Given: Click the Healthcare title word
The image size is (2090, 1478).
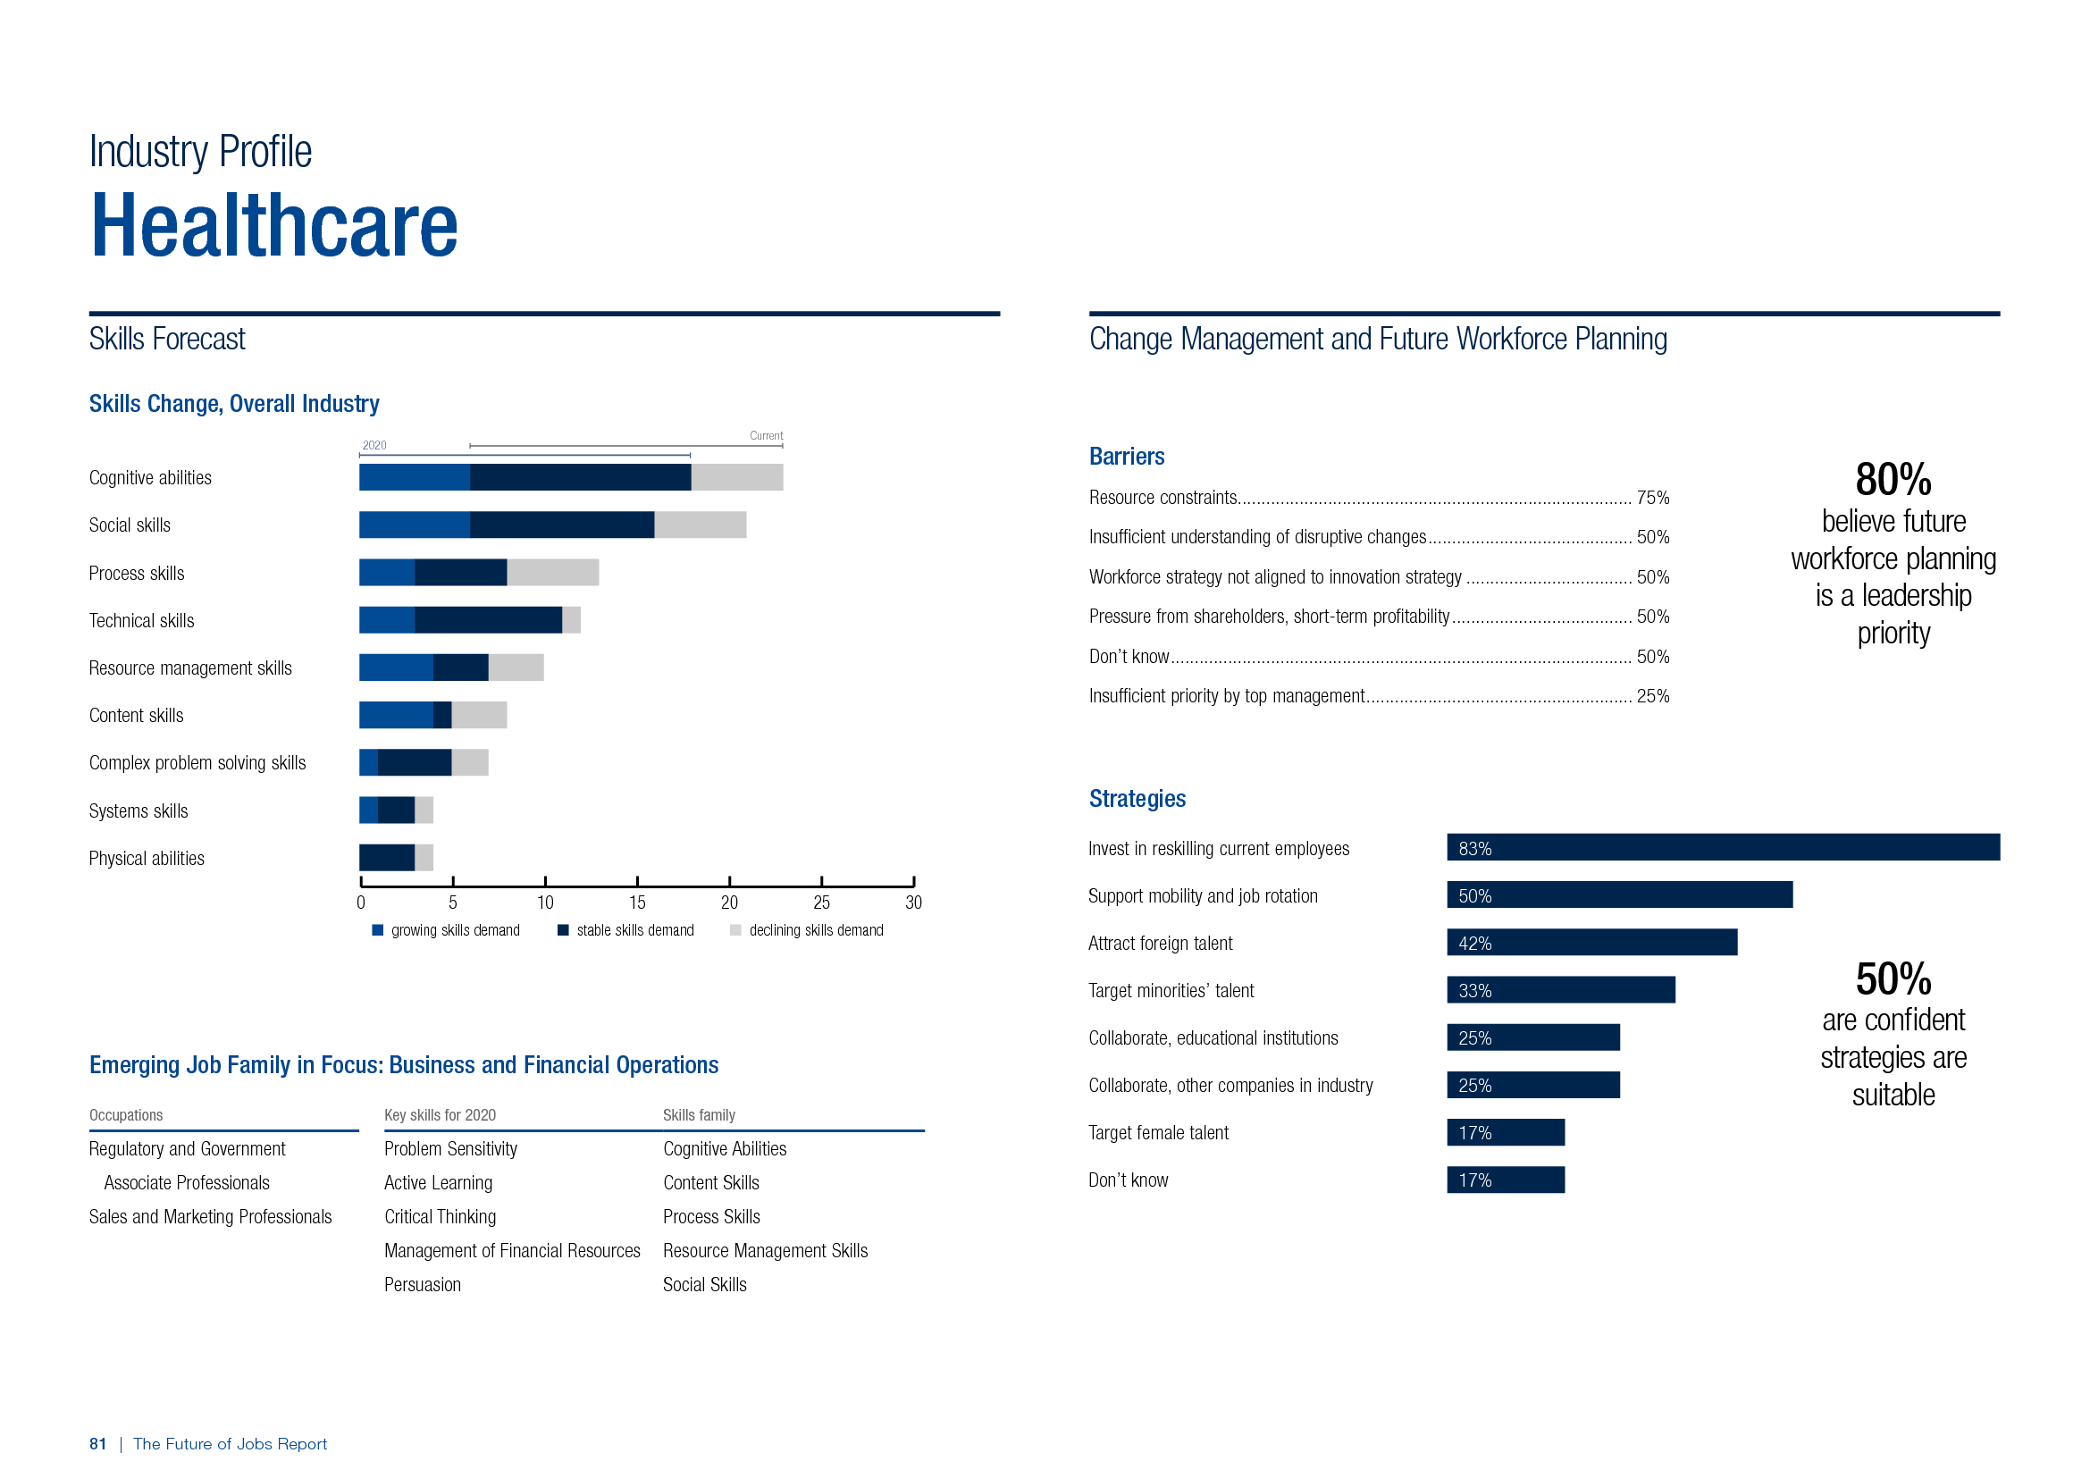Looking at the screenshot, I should (x=274, y=226).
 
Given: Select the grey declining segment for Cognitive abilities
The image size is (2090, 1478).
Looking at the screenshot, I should (x=736, y=478).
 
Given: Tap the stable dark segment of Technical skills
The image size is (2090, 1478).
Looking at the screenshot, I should (x=488, y=621).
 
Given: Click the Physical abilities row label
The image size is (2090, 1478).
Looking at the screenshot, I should (x=147, y=858).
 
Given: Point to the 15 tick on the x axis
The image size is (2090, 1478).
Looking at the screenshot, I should (x=637, y=902).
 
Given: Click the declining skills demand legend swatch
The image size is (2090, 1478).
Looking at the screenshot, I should (x=735, y=930).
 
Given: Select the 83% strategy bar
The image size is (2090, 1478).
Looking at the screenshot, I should (x=1722, y=847).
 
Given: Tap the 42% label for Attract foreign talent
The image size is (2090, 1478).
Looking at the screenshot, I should (x=1474, y=944).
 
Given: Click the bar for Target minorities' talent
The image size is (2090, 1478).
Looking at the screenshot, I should (x=1560, y=990).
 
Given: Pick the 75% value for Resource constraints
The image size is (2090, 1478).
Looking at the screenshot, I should (x=1652, y=498).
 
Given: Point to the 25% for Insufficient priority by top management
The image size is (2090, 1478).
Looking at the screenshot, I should (x=1652, y=696).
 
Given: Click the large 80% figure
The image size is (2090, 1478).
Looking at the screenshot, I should (x=1893, y=480).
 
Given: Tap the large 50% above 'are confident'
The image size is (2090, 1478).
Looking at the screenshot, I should (x=1893, y=979).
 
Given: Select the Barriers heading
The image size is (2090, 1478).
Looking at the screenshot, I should (x=1126, y=457).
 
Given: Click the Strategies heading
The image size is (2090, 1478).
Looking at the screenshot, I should (x=1137, y=799).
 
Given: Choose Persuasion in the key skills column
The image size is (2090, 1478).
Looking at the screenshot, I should (x=423, y=1284).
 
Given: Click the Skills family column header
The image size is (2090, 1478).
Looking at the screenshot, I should (x=698, y=1115).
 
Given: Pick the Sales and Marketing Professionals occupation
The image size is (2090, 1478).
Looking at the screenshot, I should (x=210, y=1217).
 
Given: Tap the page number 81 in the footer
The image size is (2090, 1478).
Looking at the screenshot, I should (x=97, y=1443).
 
